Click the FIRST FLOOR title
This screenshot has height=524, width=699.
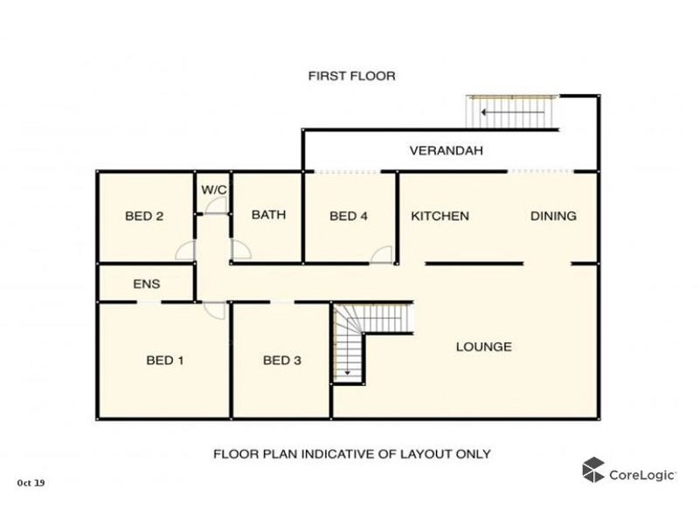point(351,76)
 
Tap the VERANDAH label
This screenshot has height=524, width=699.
point(446,151)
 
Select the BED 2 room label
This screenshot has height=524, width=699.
point(145,217)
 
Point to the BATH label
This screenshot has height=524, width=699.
point(268,215)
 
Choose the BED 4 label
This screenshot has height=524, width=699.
point(348,217)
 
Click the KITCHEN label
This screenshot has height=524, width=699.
point(440,217)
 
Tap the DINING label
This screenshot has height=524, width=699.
point(553,217)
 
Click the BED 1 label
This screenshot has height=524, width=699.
point(163,360)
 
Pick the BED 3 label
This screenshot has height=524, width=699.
point(282,360)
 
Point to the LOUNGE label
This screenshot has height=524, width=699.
point(484,347)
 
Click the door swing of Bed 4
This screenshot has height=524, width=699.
point(382,254)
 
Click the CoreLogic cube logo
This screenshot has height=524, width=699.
point(594,469)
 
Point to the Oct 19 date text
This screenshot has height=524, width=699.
point(31,482)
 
